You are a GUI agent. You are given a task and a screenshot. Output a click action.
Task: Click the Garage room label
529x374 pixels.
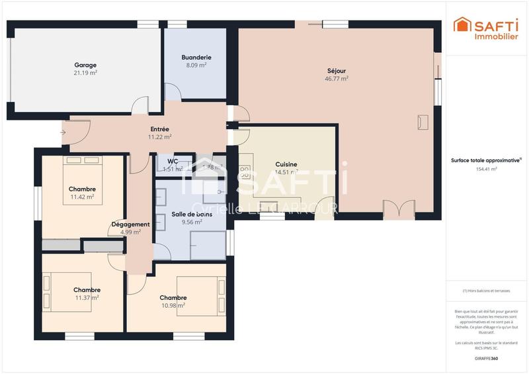(85, 65)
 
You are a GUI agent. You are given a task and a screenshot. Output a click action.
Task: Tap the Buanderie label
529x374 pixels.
(196, 58)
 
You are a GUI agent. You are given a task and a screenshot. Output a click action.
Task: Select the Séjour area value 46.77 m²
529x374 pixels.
(337, 78)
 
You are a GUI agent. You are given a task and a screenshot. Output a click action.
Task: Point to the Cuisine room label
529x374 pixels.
(286, 164)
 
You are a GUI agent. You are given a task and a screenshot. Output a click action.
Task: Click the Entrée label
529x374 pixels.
(159, 129)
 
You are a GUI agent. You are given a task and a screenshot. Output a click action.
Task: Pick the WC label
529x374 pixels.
(172, 161)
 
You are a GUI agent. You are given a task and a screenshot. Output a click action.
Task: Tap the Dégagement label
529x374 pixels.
(130, 224)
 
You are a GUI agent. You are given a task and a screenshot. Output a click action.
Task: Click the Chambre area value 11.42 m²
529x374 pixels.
(82, 197)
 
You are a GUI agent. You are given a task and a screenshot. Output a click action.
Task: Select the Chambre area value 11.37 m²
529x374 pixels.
(87, 298)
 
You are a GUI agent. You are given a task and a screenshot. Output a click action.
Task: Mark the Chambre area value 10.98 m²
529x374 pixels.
(173, 305)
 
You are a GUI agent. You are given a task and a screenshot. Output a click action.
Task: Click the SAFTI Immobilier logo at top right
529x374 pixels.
(485, 28)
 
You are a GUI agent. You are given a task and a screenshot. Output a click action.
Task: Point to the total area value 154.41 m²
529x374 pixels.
(486, 169)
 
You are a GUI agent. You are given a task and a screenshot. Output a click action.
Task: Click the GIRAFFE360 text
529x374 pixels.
(486, 358)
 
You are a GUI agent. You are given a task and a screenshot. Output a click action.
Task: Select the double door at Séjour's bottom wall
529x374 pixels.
(394, 208)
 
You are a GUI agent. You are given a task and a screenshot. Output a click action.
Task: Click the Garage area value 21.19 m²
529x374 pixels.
(85, 73)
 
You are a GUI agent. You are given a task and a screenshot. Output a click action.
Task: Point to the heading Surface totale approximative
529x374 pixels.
(486, 160)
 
